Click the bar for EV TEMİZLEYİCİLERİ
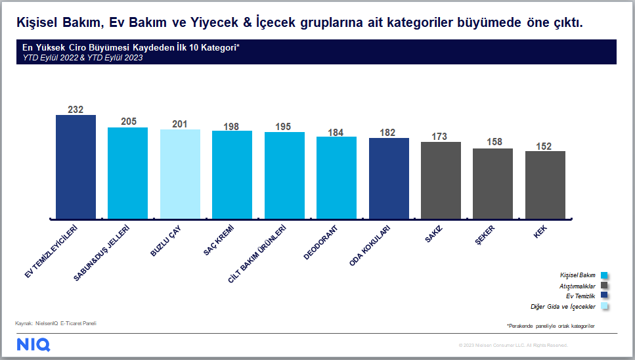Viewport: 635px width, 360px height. tap(76, 167)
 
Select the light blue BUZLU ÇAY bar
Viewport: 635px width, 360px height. tap(180, 174)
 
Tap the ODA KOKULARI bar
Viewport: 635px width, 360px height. tap(389, 179)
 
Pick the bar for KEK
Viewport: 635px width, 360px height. tap(545, 185)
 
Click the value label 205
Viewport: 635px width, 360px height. tap(129, 122)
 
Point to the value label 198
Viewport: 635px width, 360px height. tap(231, 127)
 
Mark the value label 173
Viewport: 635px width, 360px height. tap(439, 137)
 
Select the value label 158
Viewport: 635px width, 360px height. tap(494, 142)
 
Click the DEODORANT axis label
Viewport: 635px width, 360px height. tap(320, 242)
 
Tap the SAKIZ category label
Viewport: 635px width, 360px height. tap(433, 235)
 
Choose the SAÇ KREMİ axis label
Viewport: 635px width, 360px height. tap(219, 240)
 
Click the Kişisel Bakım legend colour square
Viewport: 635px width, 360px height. tap(604, 275)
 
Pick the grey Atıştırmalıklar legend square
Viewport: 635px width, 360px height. tap(604, 286)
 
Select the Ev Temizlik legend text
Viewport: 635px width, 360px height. tap(580, 296)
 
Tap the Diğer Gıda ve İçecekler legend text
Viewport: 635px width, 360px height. tap(563, 307)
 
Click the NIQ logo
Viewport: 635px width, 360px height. tap(33, 345)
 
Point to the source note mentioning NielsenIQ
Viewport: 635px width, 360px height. tap(56, 323)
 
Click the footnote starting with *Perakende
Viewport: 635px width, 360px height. tap(551, 326)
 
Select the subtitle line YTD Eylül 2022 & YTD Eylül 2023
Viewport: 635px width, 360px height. tap(83, 58)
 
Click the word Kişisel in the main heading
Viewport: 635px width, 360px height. tap(37, 23)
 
